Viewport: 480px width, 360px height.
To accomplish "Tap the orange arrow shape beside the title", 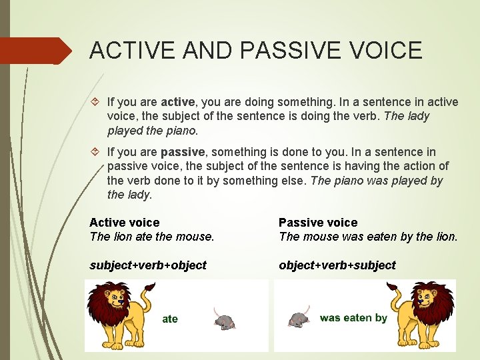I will tap(37, 51).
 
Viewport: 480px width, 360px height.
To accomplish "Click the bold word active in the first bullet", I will tap(177, 102).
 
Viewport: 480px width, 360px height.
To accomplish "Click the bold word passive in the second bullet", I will tap(182, 152).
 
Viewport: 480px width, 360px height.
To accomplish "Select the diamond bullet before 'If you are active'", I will tap(95, 102).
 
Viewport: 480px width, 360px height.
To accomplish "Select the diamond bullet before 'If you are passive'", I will tap(95, 152).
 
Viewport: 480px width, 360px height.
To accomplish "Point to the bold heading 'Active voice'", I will tap(125, 223).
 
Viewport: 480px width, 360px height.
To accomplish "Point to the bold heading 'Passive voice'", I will tap(318, 223).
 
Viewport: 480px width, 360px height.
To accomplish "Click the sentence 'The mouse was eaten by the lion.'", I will tap(368, 237).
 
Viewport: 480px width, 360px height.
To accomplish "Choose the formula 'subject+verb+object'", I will tap(148, 265).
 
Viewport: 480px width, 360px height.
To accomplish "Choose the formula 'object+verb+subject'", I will tap(337, 265).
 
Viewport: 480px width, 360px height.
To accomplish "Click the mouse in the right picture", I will tap(299, 317).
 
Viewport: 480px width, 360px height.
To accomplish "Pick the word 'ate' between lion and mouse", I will tap(170, 319).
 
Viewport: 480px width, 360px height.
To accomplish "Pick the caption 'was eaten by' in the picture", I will tap(353, 318).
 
